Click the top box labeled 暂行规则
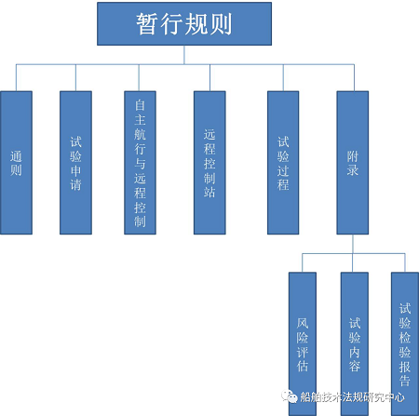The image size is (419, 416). point(184,24)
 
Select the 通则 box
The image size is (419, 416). point(16,163)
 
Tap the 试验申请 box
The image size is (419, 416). point(75,163)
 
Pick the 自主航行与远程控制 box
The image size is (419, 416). point(140,163)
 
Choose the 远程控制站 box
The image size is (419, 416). point(209,163)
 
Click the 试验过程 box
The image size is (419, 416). point(283,163)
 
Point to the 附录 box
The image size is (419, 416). point(353,163)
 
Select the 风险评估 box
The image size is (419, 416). point(303,343)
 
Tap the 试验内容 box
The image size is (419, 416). point(355,343)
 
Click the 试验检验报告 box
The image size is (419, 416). point(405,343)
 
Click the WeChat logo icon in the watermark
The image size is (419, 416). point(290,396)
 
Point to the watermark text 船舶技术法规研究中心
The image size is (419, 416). point(352,397)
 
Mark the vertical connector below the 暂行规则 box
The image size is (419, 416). point(184,55)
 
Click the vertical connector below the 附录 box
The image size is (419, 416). point(353,244)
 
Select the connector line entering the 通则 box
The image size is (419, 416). point(16,78)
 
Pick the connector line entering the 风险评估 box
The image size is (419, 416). point(303,263)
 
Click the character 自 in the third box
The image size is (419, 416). point(140,105)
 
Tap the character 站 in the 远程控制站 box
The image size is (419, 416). point(209,192)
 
